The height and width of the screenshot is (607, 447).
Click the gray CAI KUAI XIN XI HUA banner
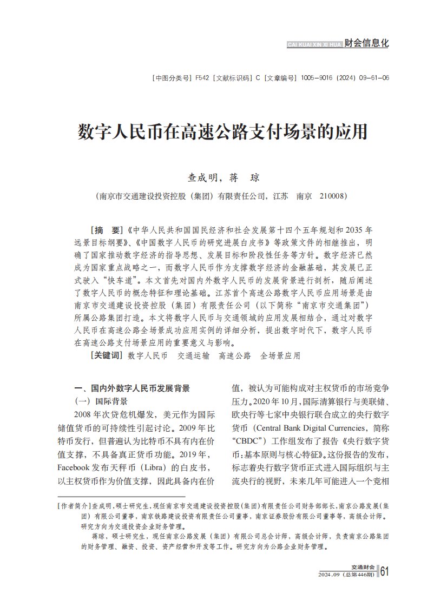pyautogui.click(x=314, y=44)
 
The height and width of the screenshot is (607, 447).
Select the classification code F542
pyautogui.click(x=202, y=78)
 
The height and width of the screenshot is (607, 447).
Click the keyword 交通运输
pyautogui.click(x=193, y=356)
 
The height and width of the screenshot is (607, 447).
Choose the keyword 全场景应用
pyautogui.click(x=280, y=356)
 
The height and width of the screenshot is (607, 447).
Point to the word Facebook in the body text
pyautogui.click(x=76, y=466)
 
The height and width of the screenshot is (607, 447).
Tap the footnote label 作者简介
pyautogui.click(x=75, y=506)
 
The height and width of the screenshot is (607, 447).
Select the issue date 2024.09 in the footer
pyautogui.click(x=329, y=574)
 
